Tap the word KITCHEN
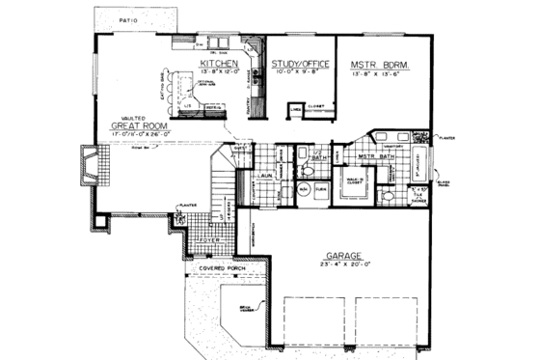tap(220, 62)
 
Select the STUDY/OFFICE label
tap(300, 63)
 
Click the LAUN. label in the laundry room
tap(266, 177)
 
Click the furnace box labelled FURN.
tap(322, 191)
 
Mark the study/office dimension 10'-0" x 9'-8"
tap(300, 72)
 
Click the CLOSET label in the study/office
tap(314, 106)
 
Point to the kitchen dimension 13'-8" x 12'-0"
tap(220, 71)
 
